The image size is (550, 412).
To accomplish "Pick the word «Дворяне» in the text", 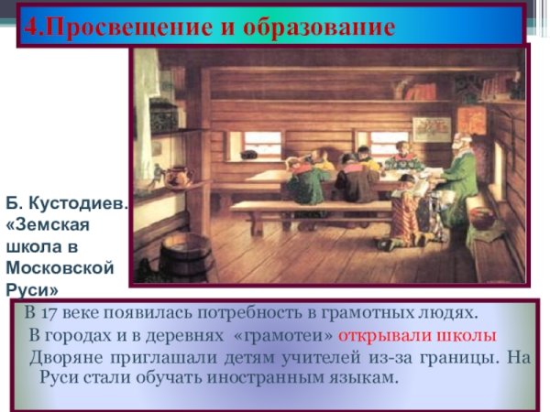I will coord(67,357).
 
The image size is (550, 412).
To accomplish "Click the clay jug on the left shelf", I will coord(174,176).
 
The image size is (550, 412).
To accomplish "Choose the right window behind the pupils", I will coord(390,142).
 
